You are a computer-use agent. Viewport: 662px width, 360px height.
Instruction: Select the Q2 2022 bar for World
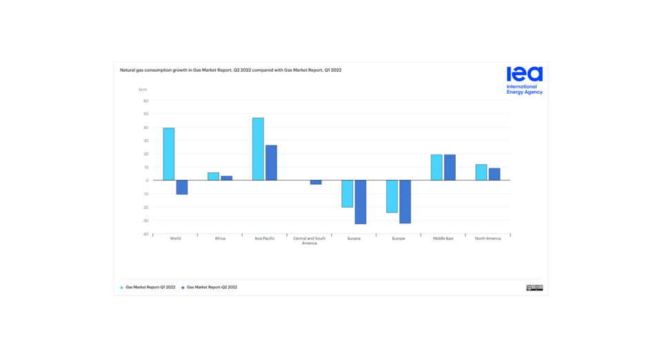tap(182, 187)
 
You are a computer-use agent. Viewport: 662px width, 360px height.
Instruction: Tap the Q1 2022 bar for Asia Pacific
tap(258, 149)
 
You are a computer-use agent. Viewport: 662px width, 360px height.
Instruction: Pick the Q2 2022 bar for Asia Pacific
tap(271, 163)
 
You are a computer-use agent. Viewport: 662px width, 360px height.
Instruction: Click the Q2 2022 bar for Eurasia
tap(361, 202)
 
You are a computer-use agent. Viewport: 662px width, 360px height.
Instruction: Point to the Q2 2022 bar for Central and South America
tap(316, 182)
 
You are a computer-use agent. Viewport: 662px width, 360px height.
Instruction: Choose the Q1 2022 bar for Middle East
tap(437, 168)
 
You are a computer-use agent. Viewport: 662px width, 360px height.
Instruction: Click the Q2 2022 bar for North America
tap(494, 174)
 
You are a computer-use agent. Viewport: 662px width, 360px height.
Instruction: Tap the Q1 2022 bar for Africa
tap(213, 177)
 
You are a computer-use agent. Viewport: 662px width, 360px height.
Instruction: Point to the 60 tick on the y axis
tap(146, 101)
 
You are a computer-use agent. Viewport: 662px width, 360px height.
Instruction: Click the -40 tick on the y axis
tap(145, 234)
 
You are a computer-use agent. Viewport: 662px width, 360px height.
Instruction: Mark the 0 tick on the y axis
tap(147, 181)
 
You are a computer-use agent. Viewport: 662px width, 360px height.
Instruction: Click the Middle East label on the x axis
tap(443, 239)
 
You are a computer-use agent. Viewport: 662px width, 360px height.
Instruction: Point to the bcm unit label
tap(143, 90)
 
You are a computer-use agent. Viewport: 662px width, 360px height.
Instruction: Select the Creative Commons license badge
tap(534, 288)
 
